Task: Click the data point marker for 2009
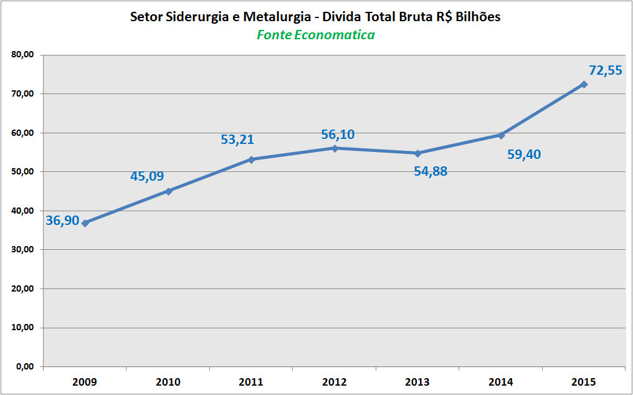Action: click(x=85, y=222)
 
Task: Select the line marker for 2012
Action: click(x=335, y=148)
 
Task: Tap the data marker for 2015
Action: click(x=584, y=84)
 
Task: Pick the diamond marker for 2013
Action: click(x=418, y=153)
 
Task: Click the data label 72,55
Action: click(x=605, y=70)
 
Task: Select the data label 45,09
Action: click(x=147, y=176)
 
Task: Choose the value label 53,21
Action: click(x=237, y=140)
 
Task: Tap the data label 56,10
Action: click(x=338, y=135)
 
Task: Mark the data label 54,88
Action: click(x=431, y=171)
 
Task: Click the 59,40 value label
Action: click(x=524, y=154)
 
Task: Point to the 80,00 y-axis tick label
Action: click(x=22, y=55)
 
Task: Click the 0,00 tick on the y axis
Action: click(x=25, y=366)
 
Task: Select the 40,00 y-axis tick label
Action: click(x=22, y=211)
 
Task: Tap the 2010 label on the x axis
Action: click(x=168, y=381)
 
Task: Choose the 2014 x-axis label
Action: click(x=501, y=381)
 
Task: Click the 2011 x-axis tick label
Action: click(x=252, y=381)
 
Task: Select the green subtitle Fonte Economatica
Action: click(x=316, y=35)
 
